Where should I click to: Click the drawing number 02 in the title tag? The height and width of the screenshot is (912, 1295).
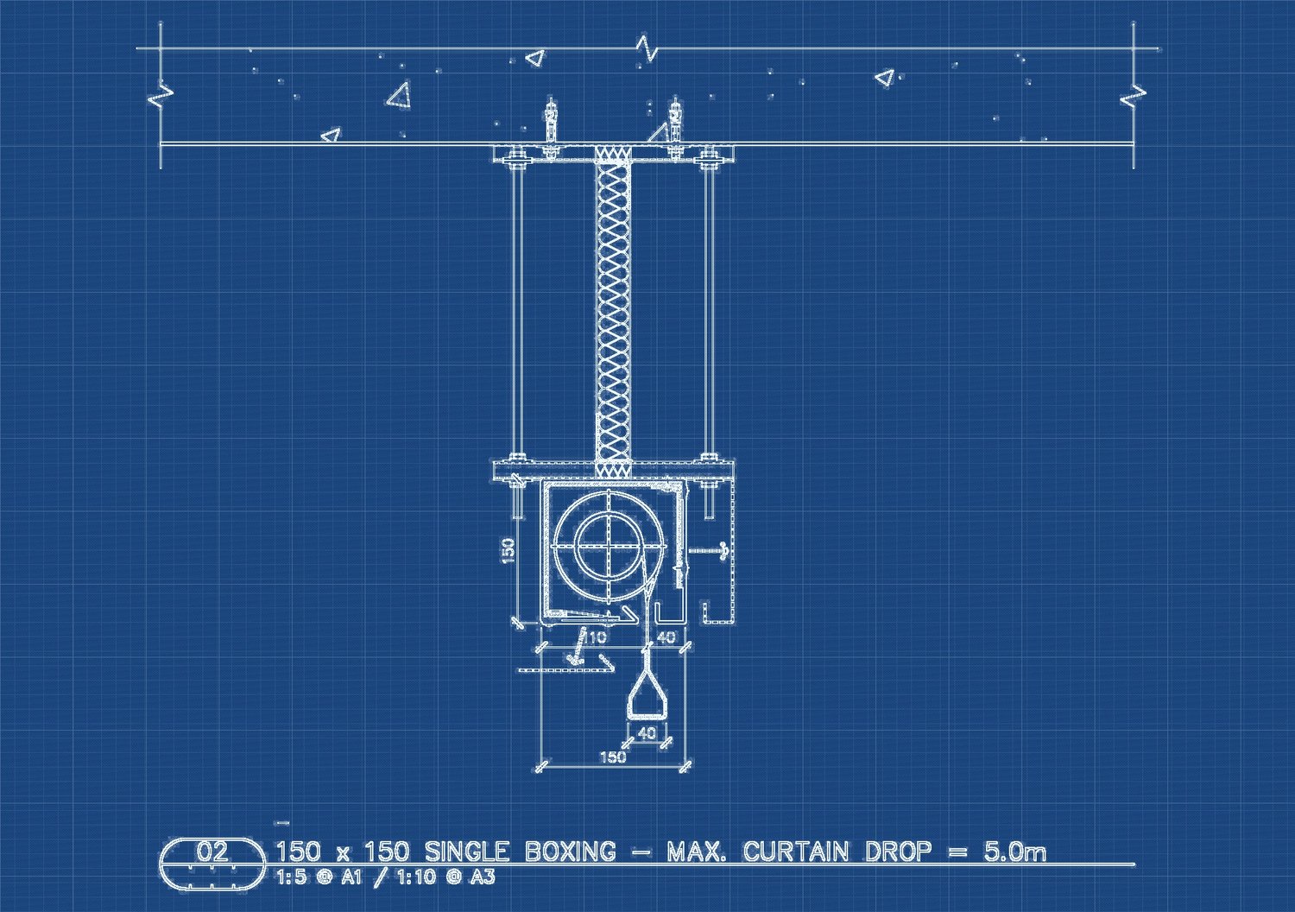click(x=212, y=852)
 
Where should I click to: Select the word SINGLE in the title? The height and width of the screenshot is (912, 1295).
click(x=466, y=852)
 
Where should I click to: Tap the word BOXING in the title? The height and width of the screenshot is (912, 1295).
click(x=570, y=852)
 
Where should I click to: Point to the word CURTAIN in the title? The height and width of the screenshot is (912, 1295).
click(x=796, y=852)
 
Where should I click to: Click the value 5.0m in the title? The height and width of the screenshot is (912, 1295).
click(x=1014, y=852)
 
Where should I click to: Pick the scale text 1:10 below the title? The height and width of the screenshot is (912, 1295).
click(x=415, y=877)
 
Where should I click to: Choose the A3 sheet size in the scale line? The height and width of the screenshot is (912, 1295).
click(x=482, y=877)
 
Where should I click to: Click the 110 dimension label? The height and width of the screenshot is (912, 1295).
click(x=594, y=637)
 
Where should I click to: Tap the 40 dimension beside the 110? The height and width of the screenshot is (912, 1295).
click(x=666, y=637)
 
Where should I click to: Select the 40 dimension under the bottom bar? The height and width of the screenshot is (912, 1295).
click(x=647, y=733)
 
